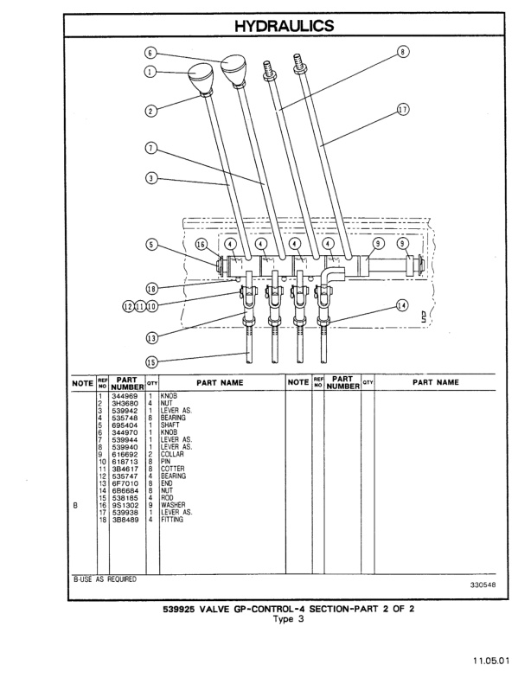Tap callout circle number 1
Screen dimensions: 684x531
(x=150, y=73)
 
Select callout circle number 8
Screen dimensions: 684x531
(x=402, y=52)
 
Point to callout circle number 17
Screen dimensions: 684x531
(x=402, y=110)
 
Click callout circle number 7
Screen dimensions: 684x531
(x=150, y=148)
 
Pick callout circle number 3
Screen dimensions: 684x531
(x=150, y=180)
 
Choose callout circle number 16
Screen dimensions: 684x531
(x=201, y=245)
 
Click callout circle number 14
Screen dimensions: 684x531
(x=401, y=305)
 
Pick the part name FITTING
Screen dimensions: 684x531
(x=174, y=519)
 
